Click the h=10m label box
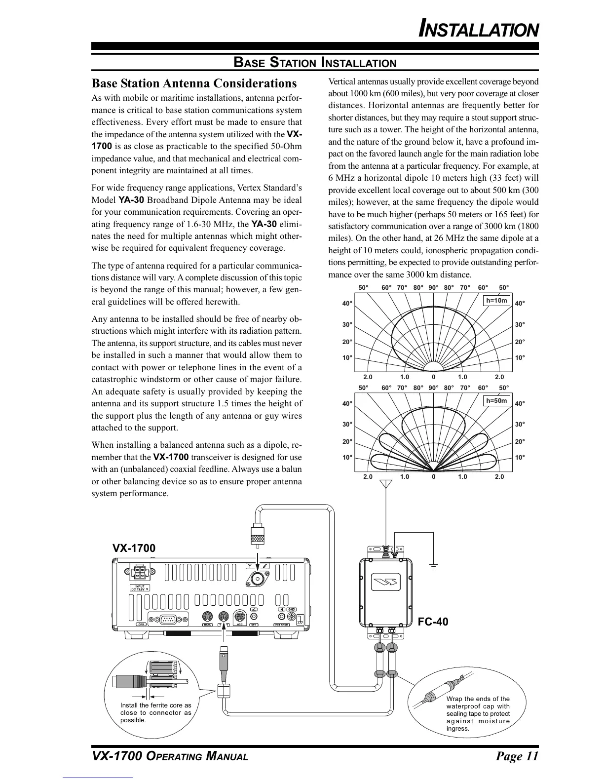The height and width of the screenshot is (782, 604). [496, 300]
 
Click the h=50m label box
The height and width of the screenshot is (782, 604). [496, 401]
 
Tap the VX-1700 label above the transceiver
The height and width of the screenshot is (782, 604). [134, 548]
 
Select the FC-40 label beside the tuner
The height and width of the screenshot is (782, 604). [433, 622]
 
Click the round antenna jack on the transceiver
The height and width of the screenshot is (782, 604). [257, 579]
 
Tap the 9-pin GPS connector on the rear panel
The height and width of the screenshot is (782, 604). [169, 618]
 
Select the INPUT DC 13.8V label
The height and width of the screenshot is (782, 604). [140, 587]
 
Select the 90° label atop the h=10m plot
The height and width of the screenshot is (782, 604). [433, 287]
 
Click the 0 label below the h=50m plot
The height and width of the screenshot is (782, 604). [433, 477]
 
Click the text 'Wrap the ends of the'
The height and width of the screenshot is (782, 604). [478, 699]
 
